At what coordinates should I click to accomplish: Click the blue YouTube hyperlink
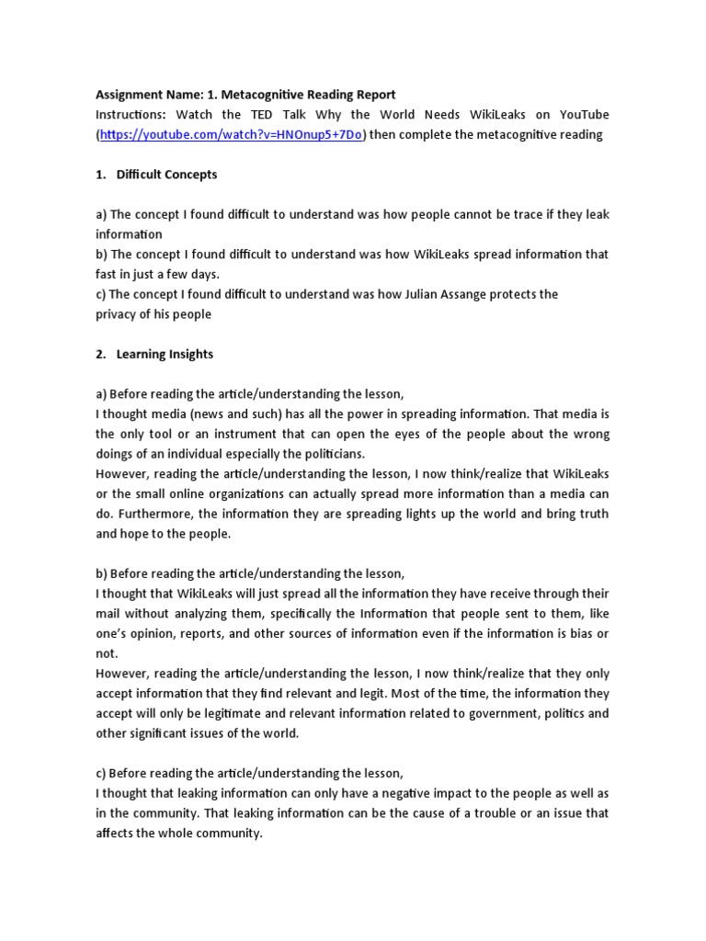(233, 134)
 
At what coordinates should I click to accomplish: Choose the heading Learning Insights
(165, 354)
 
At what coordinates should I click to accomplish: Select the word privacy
(118, 314)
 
